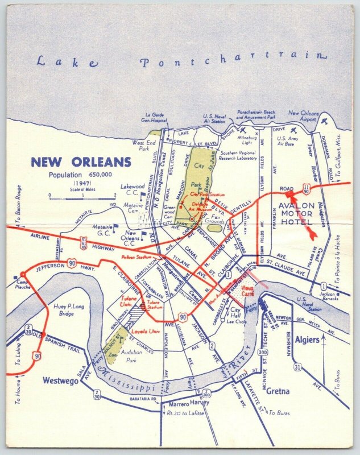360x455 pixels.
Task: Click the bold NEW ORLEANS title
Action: tap(81, 162)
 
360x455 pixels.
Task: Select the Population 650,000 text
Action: tap(80, 175)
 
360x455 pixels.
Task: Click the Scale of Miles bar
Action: tap(83, 197)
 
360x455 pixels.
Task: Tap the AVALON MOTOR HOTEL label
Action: tap(301, 213)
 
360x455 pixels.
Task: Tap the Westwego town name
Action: tap(60, 381)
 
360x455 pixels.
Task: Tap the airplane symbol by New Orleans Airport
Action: tap(324, 121)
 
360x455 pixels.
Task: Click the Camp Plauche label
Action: tap(23, 284)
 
